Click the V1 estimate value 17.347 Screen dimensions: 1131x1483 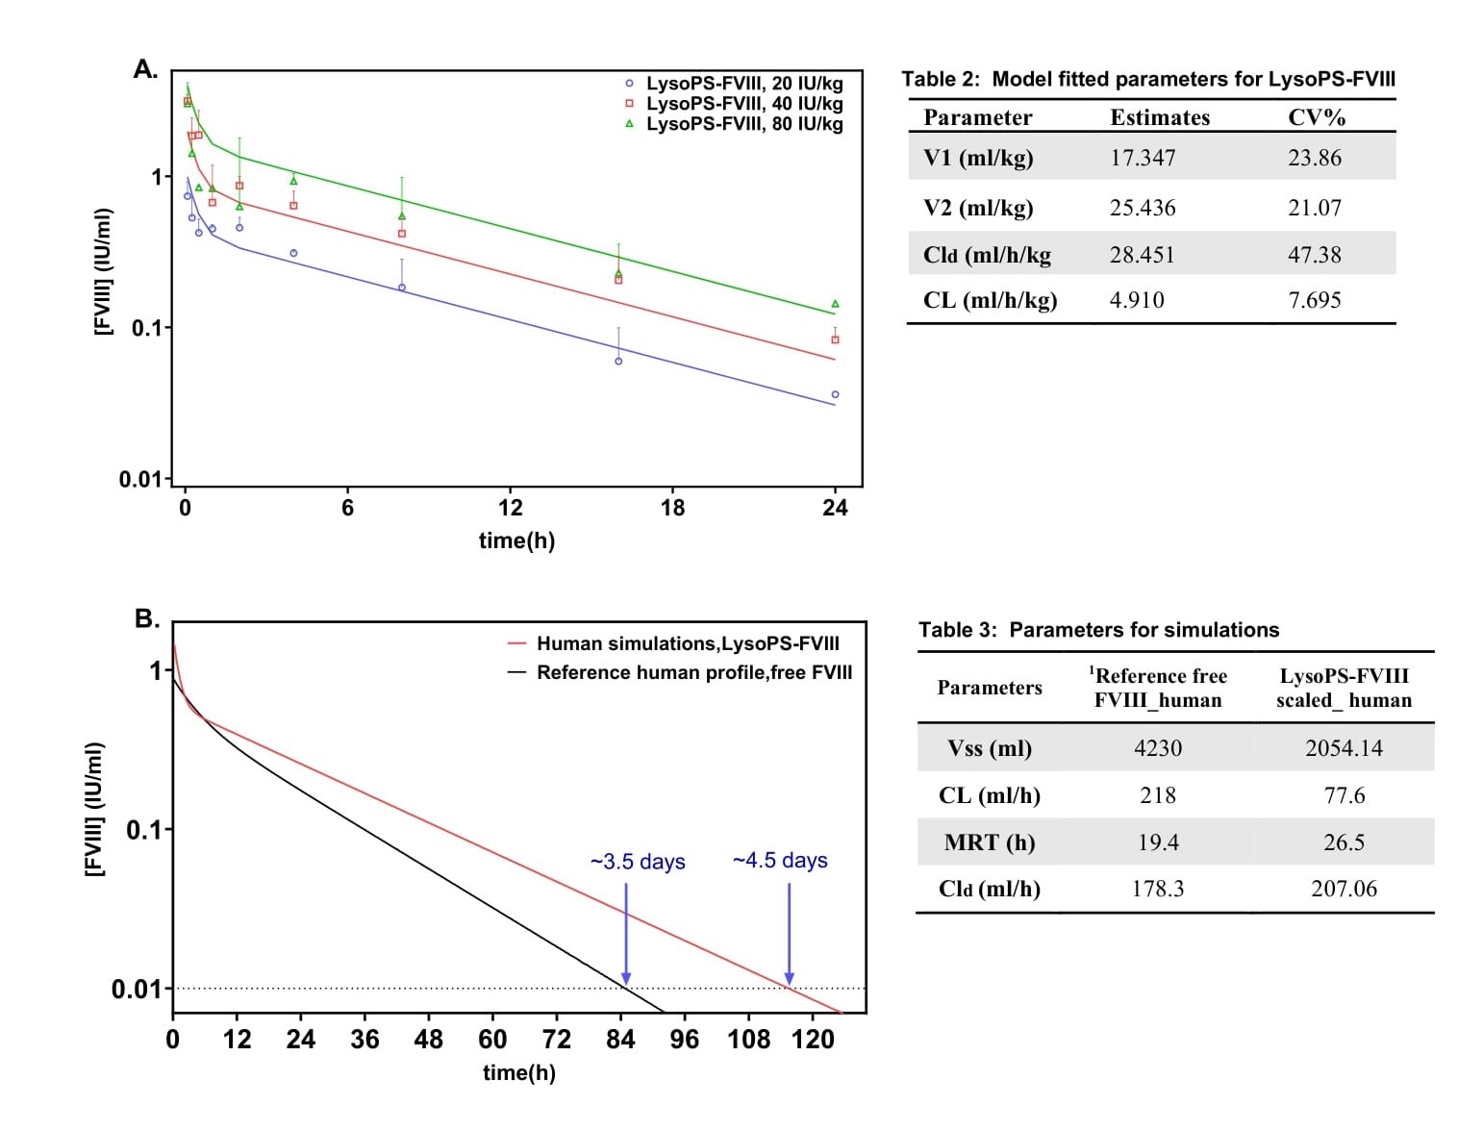click(x=1143, y=158)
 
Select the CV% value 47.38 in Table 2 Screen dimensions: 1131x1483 click(x=1314, y=255)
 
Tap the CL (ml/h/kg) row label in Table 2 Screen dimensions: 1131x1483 click(x=990, y=300)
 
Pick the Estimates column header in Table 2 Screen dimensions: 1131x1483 click(x=1160, y=117)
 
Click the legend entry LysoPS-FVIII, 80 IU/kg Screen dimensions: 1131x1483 click(x=743, y=124)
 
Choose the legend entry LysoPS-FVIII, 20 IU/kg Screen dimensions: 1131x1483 click(x=743, y=84)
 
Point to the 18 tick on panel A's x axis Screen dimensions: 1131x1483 click(x=672, y=508)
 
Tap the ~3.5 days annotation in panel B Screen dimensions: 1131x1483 click(x=638, y=862)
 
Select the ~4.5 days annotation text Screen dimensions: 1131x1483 click(x=780, y=861)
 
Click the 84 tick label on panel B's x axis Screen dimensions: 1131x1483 click(x=621, y=1040)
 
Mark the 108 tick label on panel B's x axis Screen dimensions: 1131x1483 click(x=748, y=1040)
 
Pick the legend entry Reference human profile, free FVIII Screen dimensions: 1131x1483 click(x=693, y=672)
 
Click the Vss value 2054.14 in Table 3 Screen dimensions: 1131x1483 click(x=1344, y=748)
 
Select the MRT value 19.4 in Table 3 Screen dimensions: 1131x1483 click(x=1157, y=842)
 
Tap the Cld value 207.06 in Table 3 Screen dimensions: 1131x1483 click(x=1344, y=889)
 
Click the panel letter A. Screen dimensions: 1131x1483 click(x=144, y=69)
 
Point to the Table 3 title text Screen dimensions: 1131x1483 click(x=1098, y=630)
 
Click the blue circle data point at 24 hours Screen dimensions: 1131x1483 click(x=835, y=395)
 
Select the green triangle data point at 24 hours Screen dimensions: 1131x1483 click(x=835, y=304)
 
